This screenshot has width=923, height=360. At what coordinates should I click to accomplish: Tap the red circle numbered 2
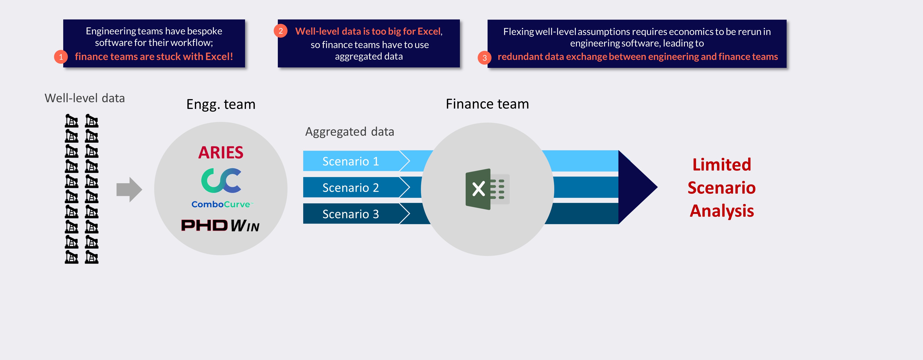(281, 31)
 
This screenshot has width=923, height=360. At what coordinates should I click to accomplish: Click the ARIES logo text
(221, 153)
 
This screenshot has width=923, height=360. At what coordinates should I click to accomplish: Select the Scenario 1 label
(351, 161)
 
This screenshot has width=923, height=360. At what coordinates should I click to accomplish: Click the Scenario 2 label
(351, 188)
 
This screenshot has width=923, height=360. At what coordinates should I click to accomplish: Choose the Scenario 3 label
(351, 214)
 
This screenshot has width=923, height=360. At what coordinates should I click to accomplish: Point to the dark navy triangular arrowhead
(636, 187)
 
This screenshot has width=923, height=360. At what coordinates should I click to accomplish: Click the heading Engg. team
(221, 104)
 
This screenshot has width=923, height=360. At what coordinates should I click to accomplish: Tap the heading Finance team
(487, 104)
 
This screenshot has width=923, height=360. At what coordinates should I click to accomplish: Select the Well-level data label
(84, 98)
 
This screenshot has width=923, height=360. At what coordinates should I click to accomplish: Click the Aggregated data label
(349, 132)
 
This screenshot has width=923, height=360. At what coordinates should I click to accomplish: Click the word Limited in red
(721, 165)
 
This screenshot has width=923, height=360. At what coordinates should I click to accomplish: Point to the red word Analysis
(722, 211)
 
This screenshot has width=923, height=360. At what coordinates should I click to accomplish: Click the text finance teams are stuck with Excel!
(154, 57)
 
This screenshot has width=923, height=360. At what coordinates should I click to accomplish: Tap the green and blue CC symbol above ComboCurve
(221, 180)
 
